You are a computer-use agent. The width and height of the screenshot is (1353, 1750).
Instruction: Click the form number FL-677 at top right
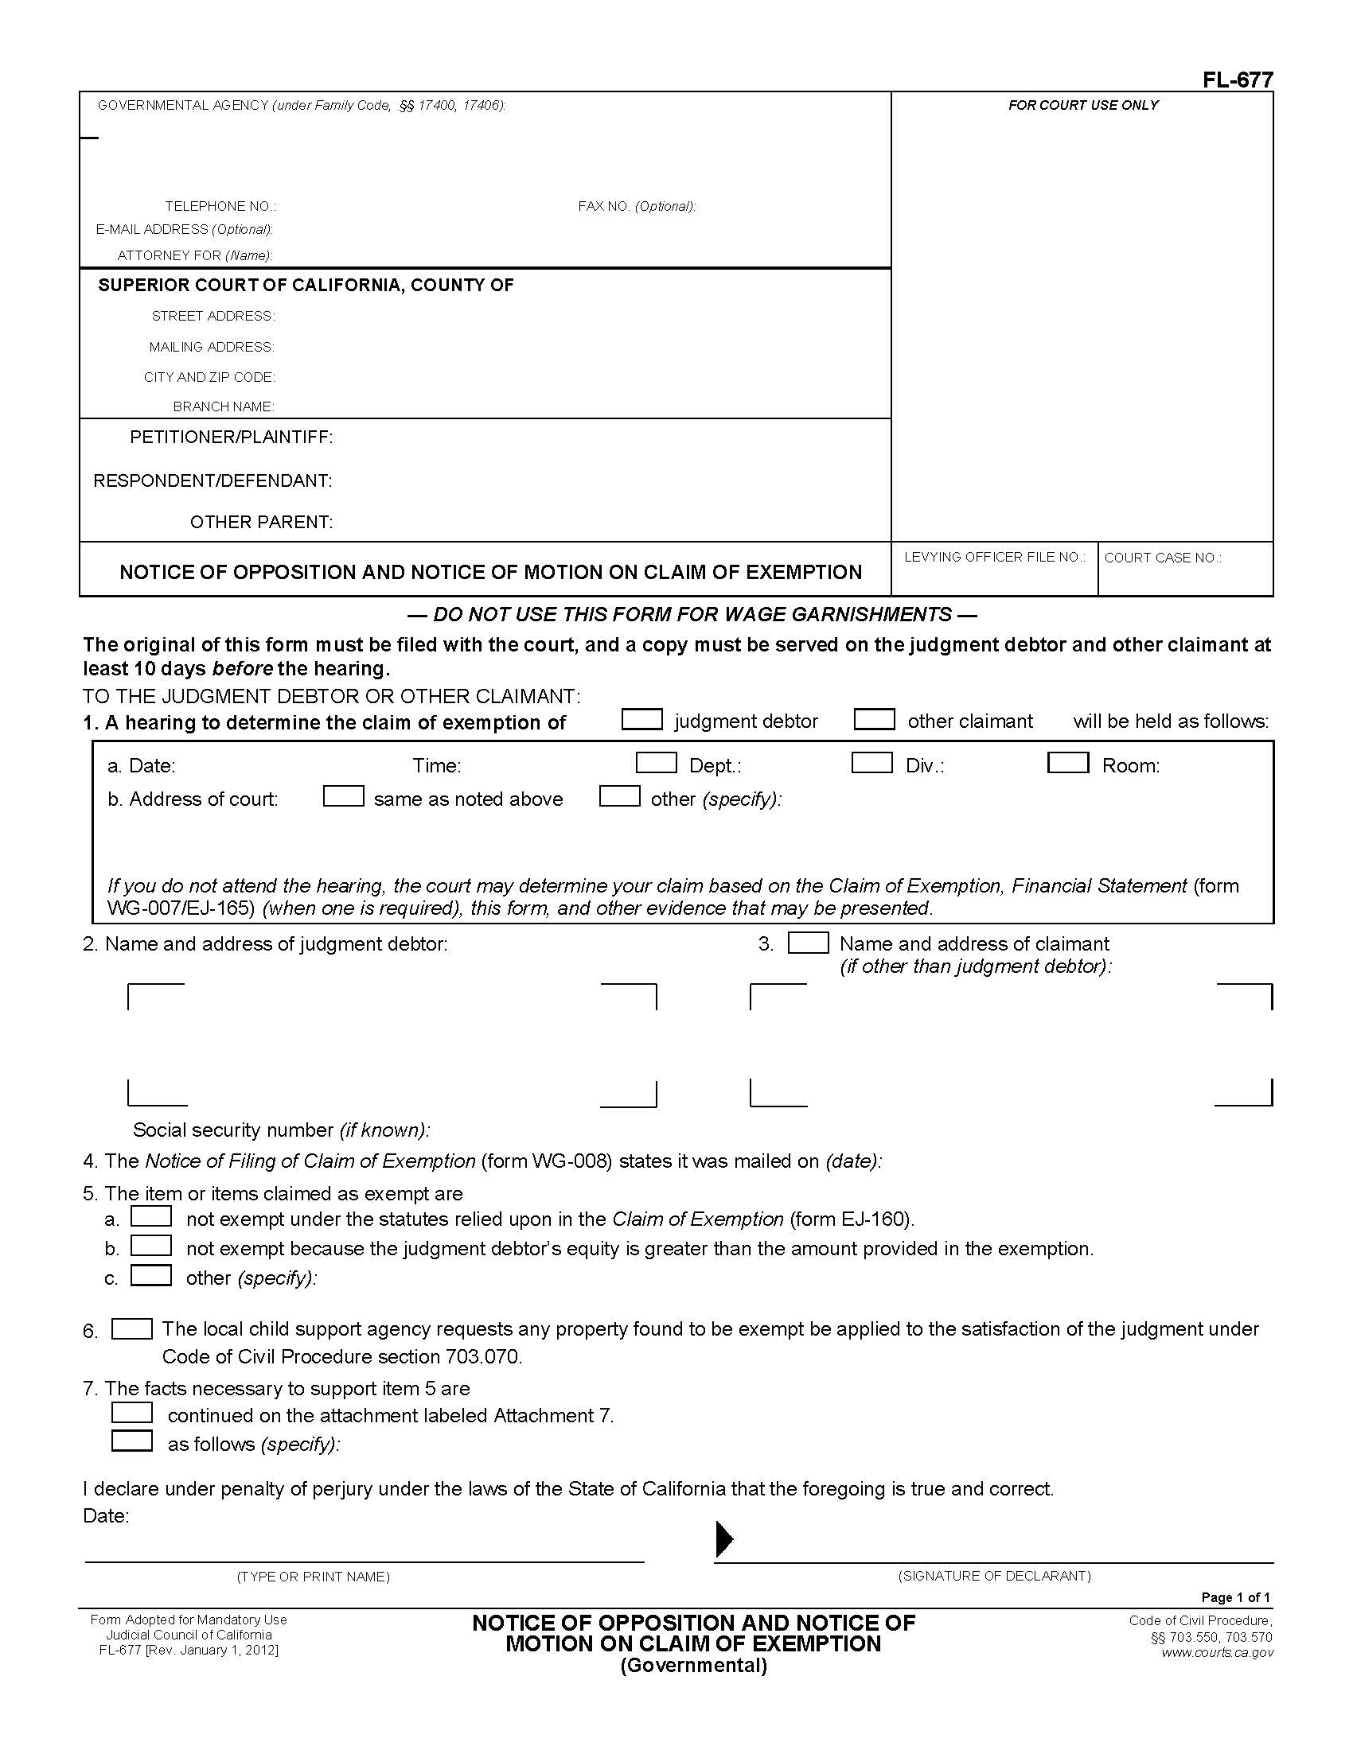pyautogui.click(x=1237, y=80)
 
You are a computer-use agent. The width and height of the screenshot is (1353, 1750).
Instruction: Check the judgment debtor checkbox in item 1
pyautogui.click(x=642, y=720)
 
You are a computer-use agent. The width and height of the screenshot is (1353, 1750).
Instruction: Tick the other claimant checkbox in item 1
pyautogui.click(x=874, y=720)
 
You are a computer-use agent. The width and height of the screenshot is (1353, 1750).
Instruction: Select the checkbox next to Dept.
pyautogui.click(x=656, y=763)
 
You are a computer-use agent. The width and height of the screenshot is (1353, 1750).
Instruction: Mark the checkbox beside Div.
pyautogui.click(x=871, y=763)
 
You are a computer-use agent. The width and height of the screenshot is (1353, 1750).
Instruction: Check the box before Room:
pyautogui.click(x=1067, y=763)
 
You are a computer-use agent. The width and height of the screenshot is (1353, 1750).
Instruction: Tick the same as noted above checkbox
pyautogui.click(x=343, y=796)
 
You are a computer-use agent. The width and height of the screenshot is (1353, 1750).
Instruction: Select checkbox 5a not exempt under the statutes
pyautogui.click(x=151, y=1216)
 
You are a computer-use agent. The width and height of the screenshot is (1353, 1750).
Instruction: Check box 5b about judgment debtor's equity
pyautogui.click(x=151, y=1246)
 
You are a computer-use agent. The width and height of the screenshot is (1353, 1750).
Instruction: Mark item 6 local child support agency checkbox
pyautogui.click(x=131, y=1328)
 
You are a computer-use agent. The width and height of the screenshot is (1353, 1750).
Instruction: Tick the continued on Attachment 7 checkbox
pyautogui.click(x=131, y=1413)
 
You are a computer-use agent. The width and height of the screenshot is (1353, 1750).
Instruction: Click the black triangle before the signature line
pyautogui.click(x=723, y=1538)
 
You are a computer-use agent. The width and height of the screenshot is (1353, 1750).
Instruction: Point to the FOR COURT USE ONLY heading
pyautogui.click(x=1082, y=105)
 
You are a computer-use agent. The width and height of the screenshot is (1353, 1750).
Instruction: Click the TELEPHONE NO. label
pyautogui.click(x=220, y=206)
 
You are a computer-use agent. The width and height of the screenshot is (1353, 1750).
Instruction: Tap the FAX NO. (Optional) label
pyautogui.click(x=637, y=206)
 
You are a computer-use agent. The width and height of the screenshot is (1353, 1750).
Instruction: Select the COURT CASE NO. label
pyautogui.click(x=1162, y=558)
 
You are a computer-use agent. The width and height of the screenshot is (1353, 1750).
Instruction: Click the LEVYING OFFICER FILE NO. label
pyautogui.click(x=994, y=557)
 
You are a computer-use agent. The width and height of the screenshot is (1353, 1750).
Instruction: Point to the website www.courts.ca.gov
pyautogui.click(x=1216, y=1652)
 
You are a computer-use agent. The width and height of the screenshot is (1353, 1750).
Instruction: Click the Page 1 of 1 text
pyautogui.click(x=1235, y=1597)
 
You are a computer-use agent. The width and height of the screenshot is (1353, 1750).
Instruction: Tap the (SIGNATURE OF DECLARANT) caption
pyautogui.click(x=994, y=1575)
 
